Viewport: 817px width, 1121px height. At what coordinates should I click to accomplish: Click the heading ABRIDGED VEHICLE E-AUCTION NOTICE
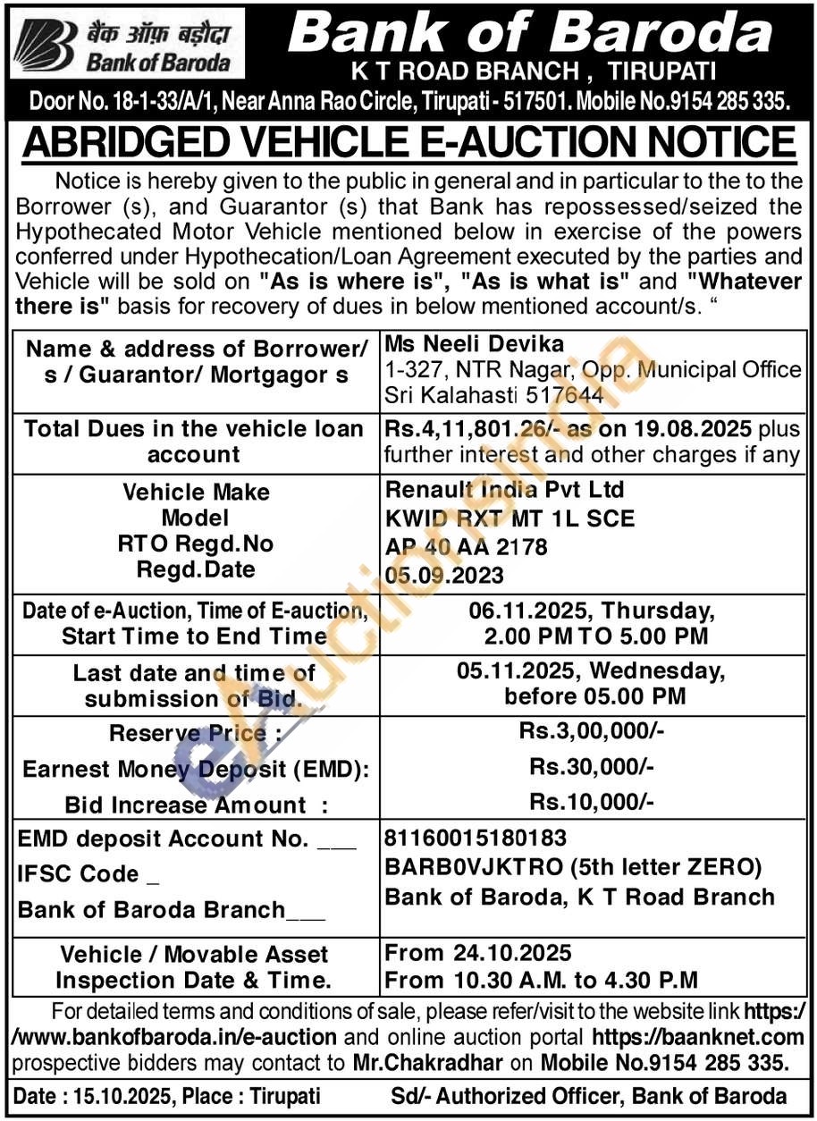[x=408, y=142]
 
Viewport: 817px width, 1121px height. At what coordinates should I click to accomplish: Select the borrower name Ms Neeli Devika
[x=451, y=344]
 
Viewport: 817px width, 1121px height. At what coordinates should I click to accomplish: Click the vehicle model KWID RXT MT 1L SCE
[x=510, y=518]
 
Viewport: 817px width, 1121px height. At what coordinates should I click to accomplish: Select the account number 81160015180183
[x=474, y=839]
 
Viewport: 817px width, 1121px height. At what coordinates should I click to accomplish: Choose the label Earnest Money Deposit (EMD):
[x=196, y=769]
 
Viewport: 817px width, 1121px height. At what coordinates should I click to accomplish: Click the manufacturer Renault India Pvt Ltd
[x=504, y=490]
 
